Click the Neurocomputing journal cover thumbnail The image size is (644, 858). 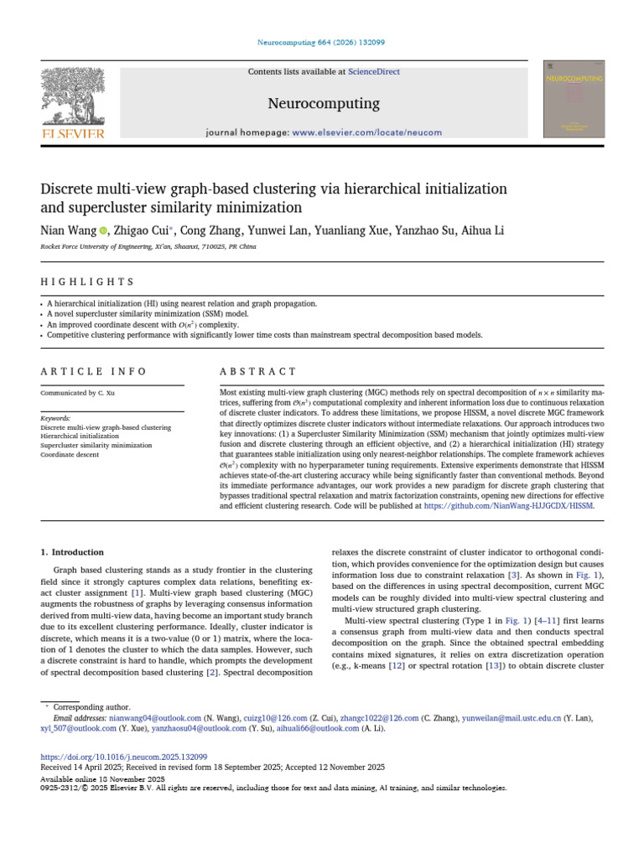[574, 99]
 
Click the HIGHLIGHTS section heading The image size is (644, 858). [87, 282]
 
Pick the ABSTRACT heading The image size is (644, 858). [258, 371]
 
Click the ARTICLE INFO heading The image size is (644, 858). [94, 371]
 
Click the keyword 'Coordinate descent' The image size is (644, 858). [73, 454]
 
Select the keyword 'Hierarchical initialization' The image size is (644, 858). [80, 436]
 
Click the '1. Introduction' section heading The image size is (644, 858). [73, 552]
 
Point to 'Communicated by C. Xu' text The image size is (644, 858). [76, 392]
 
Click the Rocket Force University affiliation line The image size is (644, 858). [148, 247]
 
